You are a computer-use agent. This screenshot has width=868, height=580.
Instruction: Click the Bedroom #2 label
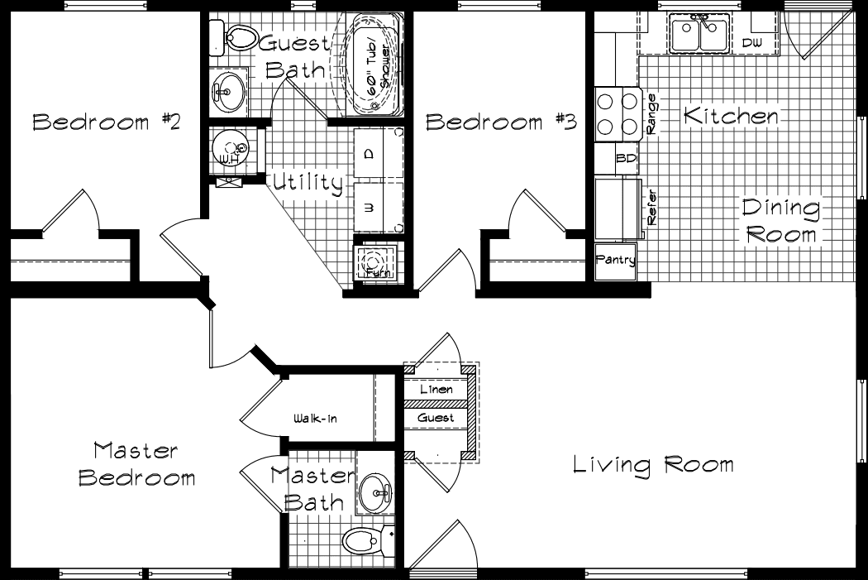[x=106, y=122]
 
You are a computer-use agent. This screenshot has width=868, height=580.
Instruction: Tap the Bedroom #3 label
[x=500, y=122]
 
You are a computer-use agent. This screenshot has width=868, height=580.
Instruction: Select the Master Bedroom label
[x=136, y=464]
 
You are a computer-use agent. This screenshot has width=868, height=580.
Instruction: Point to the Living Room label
[x=653, y=464]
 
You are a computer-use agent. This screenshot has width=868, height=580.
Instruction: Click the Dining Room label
[x=780, y=221]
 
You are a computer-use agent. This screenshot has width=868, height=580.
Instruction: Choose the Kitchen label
[x=731, y=117]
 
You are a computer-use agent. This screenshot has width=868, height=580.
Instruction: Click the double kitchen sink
[x=699, y=35]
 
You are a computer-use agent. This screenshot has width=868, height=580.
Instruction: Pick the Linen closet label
[x=436, y=389]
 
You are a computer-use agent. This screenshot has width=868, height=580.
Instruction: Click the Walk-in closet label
[x=315, y=419]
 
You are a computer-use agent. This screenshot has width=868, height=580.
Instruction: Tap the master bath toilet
[x=364, y=543]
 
